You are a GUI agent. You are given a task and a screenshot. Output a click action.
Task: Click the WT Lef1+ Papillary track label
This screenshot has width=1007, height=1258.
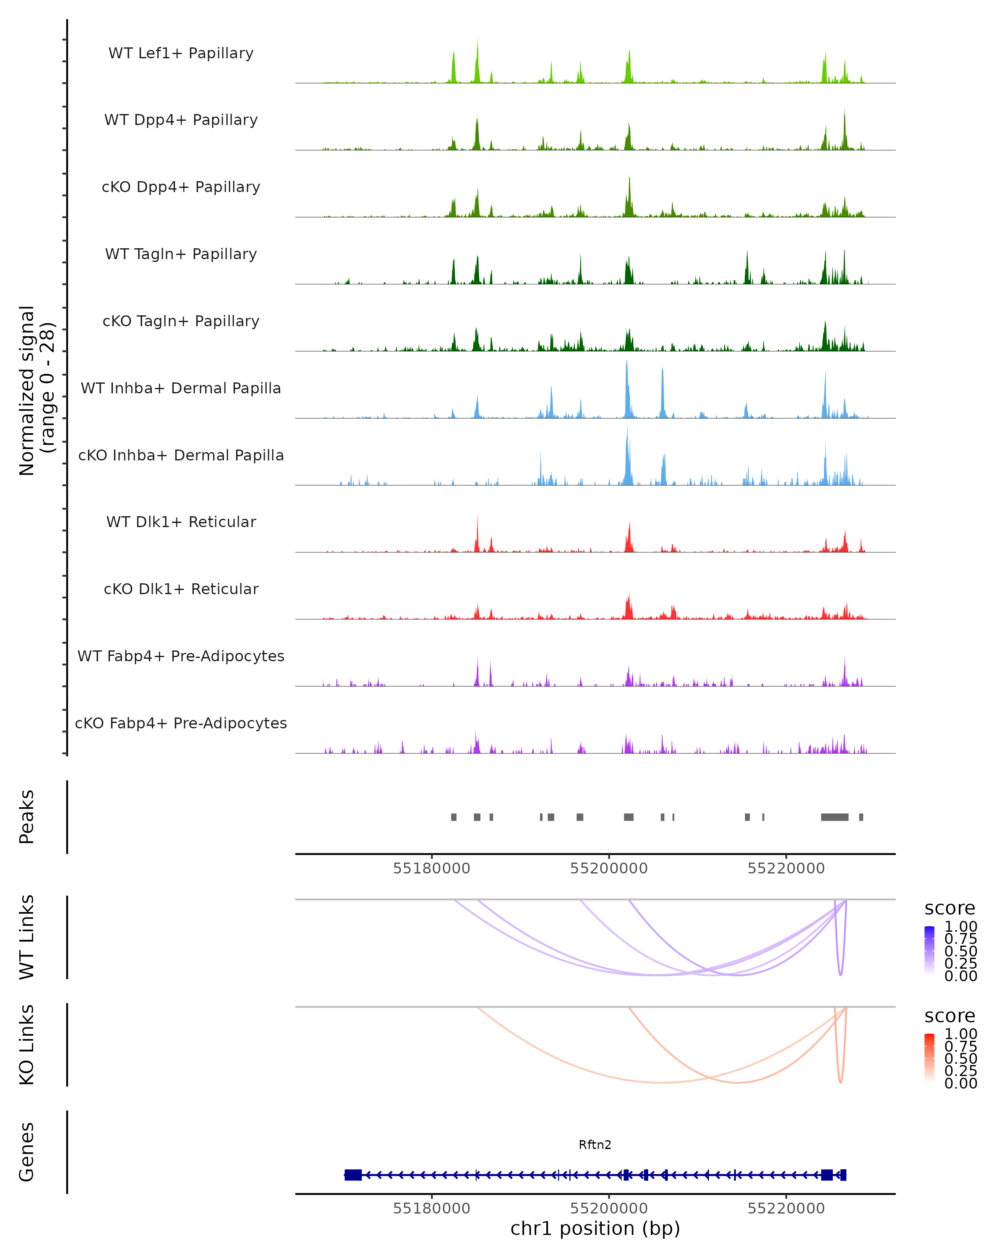181,53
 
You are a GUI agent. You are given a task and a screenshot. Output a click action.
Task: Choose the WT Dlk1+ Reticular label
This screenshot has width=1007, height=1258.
181,522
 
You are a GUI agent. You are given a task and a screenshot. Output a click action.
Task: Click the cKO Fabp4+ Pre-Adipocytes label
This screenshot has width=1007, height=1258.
181,723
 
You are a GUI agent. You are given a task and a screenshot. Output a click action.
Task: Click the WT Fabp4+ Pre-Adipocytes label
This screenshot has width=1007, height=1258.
181,656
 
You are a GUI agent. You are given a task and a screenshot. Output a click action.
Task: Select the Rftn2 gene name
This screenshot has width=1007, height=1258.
595,1145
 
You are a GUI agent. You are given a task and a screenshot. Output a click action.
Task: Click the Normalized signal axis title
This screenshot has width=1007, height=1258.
36,390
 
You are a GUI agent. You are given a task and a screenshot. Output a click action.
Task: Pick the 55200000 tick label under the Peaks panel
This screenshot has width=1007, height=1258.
609,868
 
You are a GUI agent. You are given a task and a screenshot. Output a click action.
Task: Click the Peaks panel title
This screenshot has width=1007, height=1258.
26,817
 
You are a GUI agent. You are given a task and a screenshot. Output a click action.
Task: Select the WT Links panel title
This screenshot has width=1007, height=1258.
26,937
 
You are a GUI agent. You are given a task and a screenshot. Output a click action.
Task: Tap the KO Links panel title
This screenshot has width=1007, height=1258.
26,1045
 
